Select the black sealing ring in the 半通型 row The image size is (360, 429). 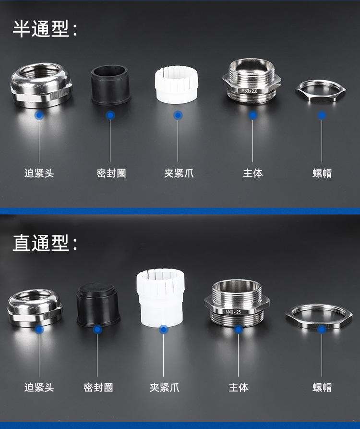(111, 85)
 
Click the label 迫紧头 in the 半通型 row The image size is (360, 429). (39, 173)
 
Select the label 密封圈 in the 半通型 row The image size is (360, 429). (111, 173)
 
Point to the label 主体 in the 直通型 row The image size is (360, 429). (239, 387)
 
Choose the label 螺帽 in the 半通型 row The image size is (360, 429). (322, 173)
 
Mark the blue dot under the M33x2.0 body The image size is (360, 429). (253, 115)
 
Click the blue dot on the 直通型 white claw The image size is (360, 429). (164, 330)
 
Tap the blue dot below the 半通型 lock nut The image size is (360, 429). (322, 115)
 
